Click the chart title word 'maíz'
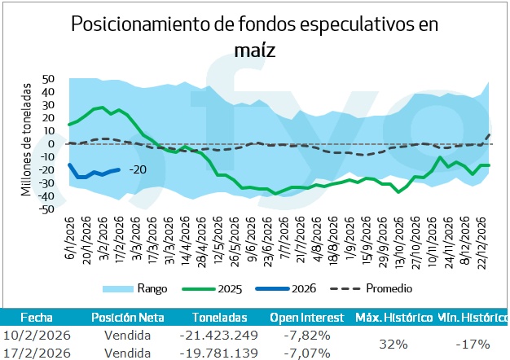[x=255, y=50]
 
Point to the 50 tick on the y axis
[x=48, y=79]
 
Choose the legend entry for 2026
[x=301, y=288]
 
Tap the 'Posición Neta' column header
[x=128, y=317]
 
